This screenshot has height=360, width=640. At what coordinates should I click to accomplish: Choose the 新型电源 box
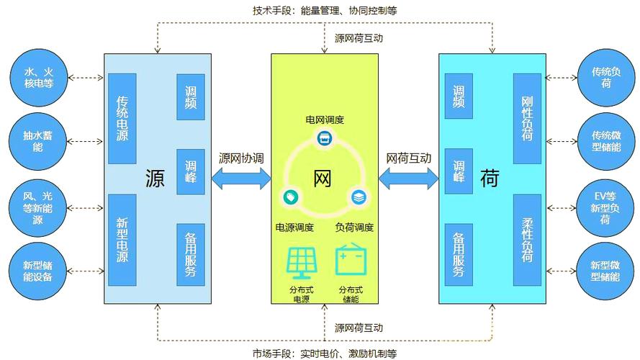click(x=122, y=238)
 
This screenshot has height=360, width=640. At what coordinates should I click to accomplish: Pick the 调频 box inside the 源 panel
click(x=190, y=96)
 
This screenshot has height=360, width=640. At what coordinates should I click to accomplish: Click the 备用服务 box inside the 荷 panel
click(x=459, y=255)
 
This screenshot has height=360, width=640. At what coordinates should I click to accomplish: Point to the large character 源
click(x=154, y=179)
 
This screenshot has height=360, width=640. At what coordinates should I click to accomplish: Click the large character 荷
click(x=490, y=179)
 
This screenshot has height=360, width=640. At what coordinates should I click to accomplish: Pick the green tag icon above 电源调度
click(x=289, y=195)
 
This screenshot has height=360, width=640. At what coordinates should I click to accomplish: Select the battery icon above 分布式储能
click(x=350, y=261)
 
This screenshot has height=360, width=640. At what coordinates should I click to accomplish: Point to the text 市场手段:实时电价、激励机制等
click(x=324, y=353)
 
